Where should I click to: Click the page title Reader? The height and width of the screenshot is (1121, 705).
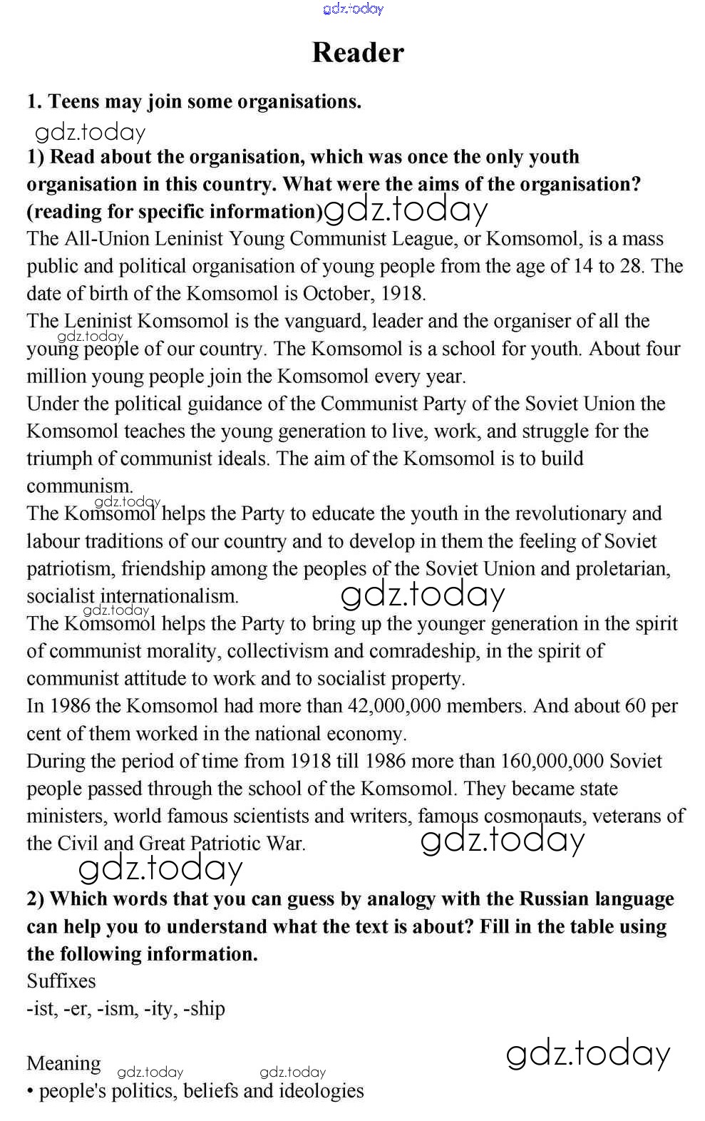(x=358, y=53)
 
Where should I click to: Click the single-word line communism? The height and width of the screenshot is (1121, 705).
(x=80, y=486)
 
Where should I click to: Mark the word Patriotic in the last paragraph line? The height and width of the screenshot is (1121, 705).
(x=227, y=844)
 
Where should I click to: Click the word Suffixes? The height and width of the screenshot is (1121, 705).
(x=61, y=981)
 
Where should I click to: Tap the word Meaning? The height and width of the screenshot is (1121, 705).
(x=64, y=1064)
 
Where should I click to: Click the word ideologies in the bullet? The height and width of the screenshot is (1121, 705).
(x=321, y=1091)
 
